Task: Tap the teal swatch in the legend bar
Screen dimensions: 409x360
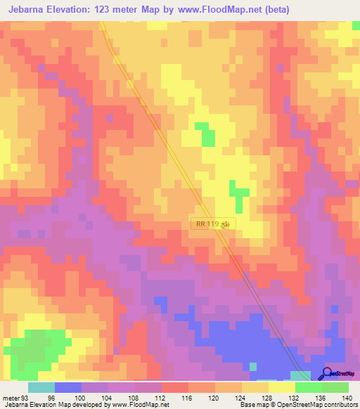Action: click(41, 388)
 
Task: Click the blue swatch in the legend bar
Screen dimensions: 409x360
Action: click(68, 388)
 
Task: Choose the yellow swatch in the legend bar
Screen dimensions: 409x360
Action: click(281, 388)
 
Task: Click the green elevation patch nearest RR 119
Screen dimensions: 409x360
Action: click(239, 193)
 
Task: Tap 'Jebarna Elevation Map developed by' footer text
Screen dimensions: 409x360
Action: click(49, 405)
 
